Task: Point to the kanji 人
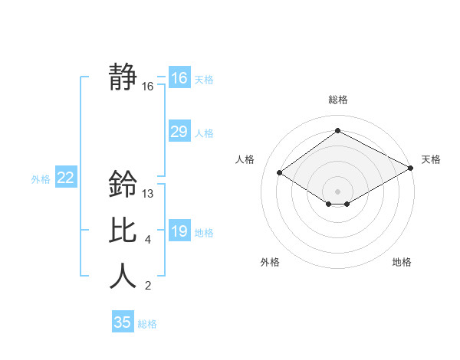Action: point(123,276)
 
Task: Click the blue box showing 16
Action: point(179,78)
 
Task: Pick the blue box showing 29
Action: point(179,132)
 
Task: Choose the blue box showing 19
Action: point(179,231)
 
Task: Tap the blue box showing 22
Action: point(65,178)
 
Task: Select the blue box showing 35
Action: point(123,322)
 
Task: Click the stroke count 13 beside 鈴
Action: point(149,194)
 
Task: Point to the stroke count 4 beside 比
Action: point(148,240)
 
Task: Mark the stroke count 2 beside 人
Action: point(148,286)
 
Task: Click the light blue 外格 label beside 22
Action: point(41,179)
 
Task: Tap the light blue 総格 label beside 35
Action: point(147,324)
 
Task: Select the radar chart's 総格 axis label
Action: point(338,100)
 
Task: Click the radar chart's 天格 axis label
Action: point(431,159)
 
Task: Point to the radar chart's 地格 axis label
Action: point(402,262)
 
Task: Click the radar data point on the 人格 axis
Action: point(280,173)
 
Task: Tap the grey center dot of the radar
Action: point(338,191)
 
